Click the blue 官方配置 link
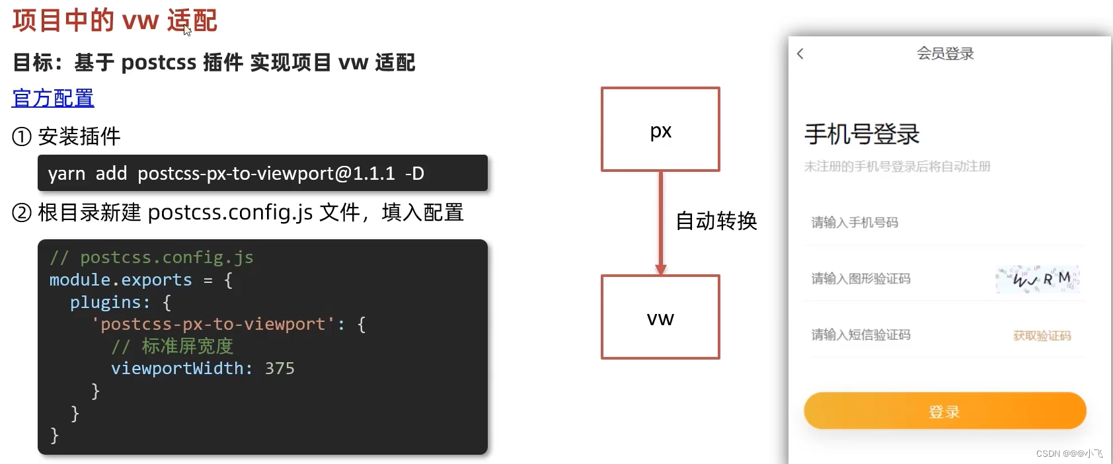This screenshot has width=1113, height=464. click(x=53, y=98)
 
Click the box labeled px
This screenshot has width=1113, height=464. click(x=660, y=130)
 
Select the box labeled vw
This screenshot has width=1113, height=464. click(x=660, y=317)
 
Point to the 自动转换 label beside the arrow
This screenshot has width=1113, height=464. click(x=716, y=221)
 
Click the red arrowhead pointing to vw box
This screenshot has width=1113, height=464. click(x=660, y=269)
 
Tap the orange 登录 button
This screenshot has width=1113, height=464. click(x=944, y=411)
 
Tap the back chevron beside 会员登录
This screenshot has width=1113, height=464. click(x=800, y=54)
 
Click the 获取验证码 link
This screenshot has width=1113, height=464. click(x=1042, y=336)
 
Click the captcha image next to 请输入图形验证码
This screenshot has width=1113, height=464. click(x=1037, y=279)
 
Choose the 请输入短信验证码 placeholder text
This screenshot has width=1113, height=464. click(x=861, y=335)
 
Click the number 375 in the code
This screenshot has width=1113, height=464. click(x=280, y=368)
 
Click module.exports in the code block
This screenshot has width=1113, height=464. click(x=120, y=280)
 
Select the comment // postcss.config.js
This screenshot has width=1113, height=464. click(x=151, y=258)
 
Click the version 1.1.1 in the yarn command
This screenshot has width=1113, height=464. click(x=373, y=173)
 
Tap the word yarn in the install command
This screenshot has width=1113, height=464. click(x=67, y=174)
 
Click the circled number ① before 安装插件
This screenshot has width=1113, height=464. click(x=22, y=137)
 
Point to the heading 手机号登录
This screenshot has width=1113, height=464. click(x=861, y=134)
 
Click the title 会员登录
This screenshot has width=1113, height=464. click(x=945, y=54)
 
